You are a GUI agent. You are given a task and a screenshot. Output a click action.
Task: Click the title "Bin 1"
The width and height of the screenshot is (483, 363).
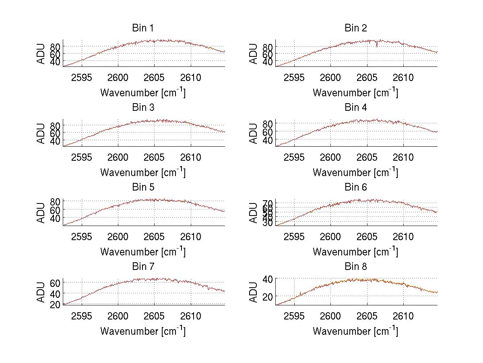point(142,28)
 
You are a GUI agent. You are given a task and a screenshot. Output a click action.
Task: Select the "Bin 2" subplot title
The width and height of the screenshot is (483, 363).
point(355,28)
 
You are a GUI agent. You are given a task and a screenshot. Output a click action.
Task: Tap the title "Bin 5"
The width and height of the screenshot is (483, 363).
point(142,187)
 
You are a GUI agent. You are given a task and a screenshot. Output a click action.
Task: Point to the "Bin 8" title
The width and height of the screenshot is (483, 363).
point(355,267)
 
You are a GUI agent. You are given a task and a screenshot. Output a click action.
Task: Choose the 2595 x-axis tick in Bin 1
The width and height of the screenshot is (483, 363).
point(82,78)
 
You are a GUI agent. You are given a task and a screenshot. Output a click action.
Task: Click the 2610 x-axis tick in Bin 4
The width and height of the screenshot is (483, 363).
point(403,157)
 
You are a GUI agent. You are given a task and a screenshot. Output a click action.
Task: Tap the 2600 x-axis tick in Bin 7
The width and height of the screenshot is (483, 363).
point(118,316)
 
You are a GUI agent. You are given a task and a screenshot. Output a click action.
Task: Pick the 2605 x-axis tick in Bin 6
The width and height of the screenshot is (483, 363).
point(367,237)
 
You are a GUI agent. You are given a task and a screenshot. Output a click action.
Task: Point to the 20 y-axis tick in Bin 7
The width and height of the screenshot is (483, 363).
point(55,304)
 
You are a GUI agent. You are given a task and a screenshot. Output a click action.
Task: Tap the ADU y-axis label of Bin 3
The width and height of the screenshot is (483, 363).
point(41,133)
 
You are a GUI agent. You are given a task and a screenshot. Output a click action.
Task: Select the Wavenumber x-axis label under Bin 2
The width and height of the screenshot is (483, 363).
point(355,93)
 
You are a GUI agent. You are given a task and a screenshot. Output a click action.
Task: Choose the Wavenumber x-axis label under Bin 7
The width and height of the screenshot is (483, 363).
point(143,331)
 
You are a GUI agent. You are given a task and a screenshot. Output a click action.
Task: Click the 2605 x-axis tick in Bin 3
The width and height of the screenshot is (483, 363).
point(154,157)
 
